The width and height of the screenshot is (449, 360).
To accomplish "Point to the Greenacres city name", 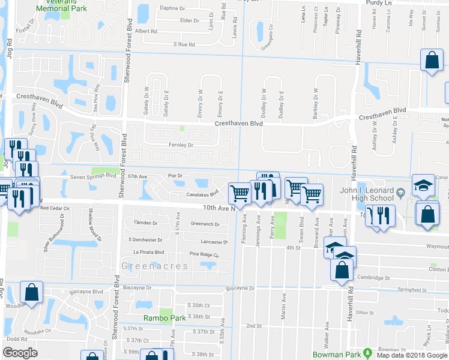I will tap(148, 265).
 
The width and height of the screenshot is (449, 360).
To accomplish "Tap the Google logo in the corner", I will tap(20, 353).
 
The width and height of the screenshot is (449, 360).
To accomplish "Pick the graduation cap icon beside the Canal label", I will tap(423, 186).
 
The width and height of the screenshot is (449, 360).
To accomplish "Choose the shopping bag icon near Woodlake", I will tap(31, 292).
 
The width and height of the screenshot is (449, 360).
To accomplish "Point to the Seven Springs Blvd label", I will tap(93, 176).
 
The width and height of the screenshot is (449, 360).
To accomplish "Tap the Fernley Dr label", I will tap(181, 145).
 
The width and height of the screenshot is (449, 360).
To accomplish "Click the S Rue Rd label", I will tap(184, 44).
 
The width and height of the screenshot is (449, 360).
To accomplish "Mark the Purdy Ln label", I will tap(378, 3).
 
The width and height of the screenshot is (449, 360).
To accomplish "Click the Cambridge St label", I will tap(375, 278).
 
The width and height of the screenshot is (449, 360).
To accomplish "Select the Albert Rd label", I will tap(146, 31).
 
